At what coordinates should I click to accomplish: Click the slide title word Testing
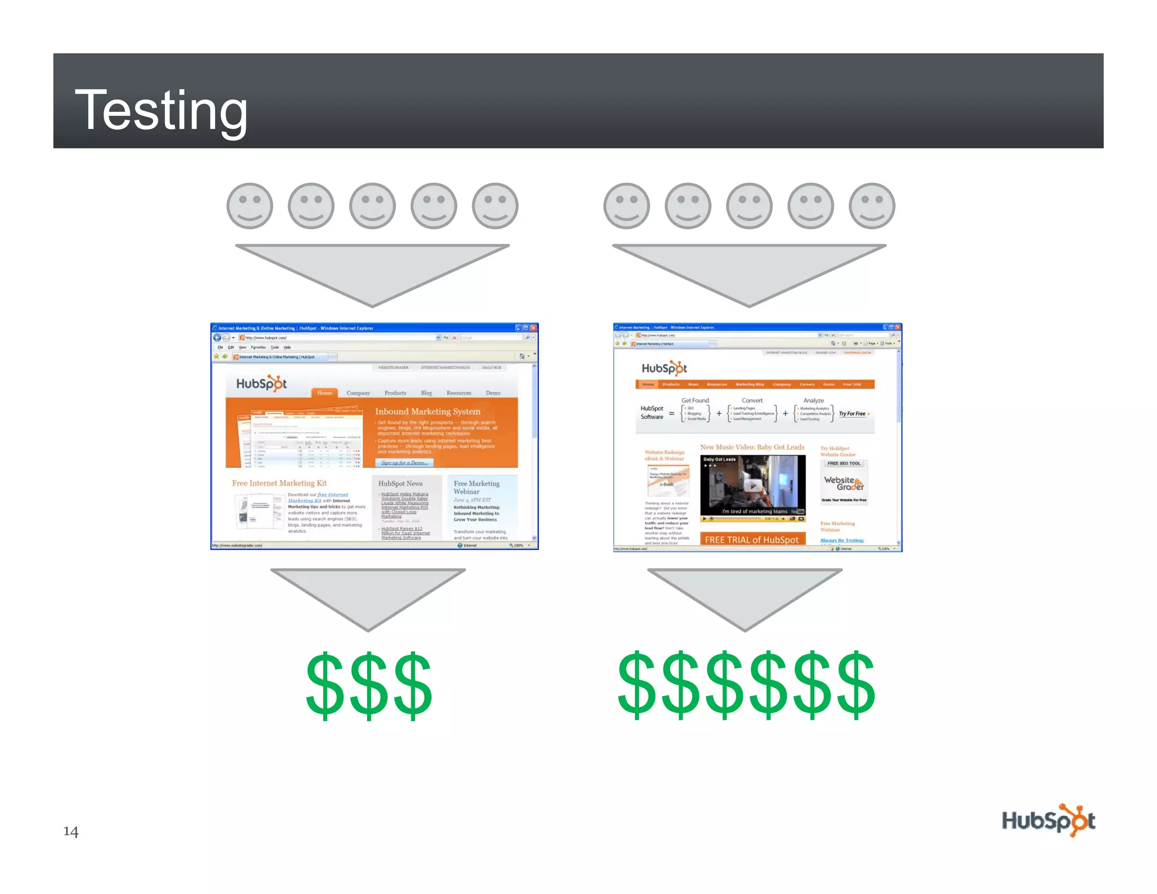click(161, 110)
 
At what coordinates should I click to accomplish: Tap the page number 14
click(71, 831)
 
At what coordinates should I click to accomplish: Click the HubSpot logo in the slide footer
click(1048, 821)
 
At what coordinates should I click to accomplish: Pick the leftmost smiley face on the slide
click(250, 206)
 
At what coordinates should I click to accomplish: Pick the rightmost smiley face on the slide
click(872, 206)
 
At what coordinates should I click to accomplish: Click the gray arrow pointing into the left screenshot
click(372, 271)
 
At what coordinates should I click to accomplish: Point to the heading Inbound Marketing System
click(428, 411)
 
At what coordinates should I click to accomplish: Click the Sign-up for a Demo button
click(404, 463)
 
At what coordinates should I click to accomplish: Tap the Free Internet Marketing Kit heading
click(279, 483)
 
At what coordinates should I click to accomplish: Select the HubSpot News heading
click(400, 484)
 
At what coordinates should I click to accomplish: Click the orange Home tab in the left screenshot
click(324, 393)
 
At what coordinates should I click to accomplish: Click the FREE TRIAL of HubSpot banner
click(752, 539)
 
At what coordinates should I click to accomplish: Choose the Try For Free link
click(852, 414)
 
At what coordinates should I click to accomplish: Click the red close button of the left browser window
click(533, 328)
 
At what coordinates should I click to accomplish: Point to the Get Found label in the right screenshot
click(695, 400)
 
